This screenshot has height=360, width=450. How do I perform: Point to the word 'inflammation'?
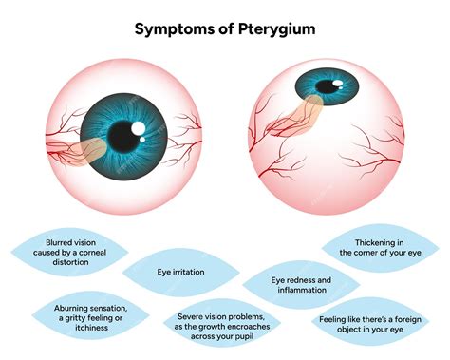301,291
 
